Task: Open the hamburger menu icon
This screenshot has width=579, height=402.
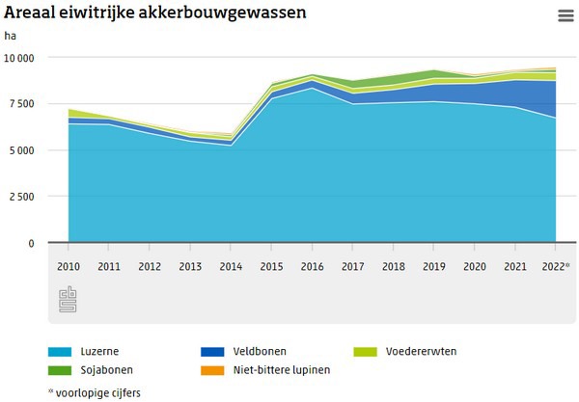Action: pos(565,15)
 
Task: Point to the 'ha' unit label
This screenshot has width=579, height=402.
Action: pos(10,36)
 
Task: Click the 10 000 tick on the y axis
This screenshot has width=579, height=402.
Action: pos(18,58)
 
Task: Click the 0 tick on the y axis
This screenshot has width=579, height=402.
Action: pos(31,243)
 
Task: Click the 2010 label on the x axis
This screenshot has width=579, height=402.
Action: pos(68,265)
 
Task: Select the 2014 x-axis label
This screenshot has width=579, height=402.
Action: pos(231,265)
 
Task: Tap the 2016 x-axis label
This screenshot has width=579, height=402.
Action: pos(312,265)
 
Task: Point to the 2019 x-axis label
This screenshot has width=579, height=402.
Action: pos(434,265)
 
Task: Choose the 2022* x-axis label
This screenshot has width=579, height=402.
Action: pos(555,265)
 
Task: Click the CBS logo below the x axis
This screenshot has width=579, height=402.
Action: pos(68,299)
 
